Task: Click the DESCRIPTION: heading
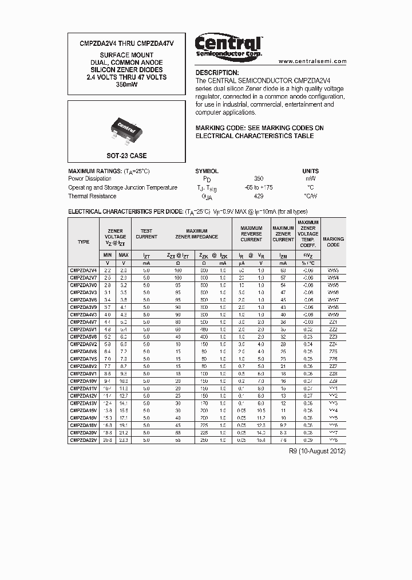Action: pos(217,73)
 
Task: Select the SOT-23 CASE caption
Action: pos(126,156)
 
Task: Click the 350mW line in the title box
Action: pos(126,85)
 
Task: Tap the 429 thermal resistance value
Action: pos(259,196)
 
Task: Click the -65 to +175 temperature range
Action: pos(259,187)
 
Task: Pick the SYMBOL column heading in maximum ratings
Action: pos(207,171)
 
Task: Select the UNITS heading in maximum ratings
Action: pos(310,171)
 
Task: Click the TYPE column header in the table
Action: pos(84,242)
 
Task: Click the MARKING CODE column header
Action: pos(333,242)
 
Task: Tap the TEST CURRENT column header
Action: pos(146,234)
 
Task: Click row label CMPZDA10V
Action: pos(84,381)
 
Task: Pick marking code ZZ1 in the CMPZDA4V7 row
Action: pos(333,322)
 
